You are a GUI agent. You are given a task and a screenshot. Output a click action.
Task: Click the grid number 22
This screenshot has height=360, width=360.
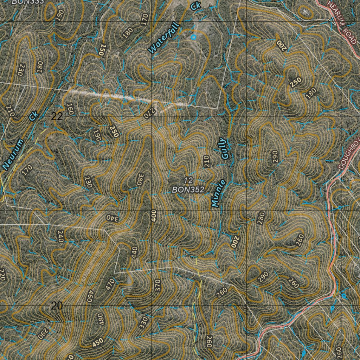(57, 117)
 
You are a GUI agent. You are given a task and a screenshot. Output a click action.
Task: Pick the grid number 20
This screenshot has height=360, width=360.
(57, 306)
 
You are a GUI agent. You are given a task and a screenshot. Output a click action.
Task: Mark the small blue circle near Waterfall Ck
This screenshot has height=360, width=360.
(193, 37)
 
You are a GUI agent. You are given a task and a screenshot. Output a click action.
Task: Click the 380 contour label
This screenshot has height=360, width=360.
(141, 179)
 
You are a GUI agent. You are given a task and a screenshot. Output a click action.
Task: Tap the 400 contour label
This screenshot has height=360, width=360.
(153, 216)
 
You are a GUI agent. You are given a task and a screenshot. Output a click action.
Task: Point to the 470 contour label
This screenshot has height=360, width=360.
(110, 284)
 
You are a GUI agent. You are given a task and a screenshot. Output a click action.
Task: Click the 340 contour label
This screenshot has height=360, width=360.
(113, 218)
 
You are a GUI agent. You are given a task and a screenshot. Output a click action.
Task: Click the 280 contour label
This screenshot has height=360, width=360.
(261, 218)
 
